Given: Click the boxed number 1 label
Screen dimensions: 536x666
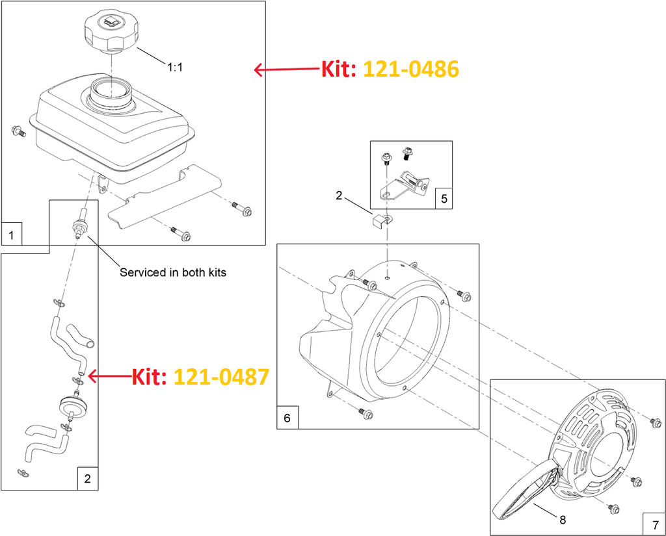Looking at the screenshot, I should point(12,233).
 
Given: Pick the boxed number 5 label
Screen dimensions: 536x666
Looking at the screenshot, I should point(443,198).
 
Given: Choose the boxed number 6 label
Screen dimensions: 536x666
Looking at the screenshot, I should point(287,418).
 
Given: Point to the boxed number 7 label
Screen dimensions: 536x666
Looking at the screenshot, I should point(654,524).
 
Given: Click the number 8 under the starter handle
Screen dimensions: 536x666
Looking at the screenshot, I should point(562,519).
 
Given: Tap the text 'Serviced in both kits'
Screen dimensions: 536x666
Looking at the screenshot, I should point(173,272).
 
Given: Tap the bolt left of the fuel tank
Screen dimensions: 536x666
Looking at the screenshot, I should point(18,132).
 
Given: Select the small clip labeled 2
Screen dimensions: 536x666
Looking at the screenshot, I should point(380,220).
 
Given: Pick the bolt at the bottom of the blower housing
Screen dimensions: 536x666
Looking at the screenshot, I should point(366,414).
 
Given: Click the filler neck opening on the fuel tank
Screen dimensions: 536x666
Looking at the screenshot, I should point(111,90).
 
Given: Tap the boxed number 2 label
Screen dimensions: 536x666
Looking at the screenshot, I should point(87,479).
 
